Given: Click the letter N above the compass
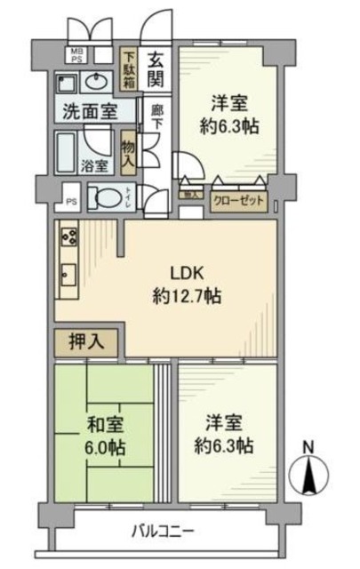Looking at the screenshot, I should click(x=308, y=445).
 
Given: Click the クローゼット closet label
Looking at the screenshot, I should click(x=238, y=199).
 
